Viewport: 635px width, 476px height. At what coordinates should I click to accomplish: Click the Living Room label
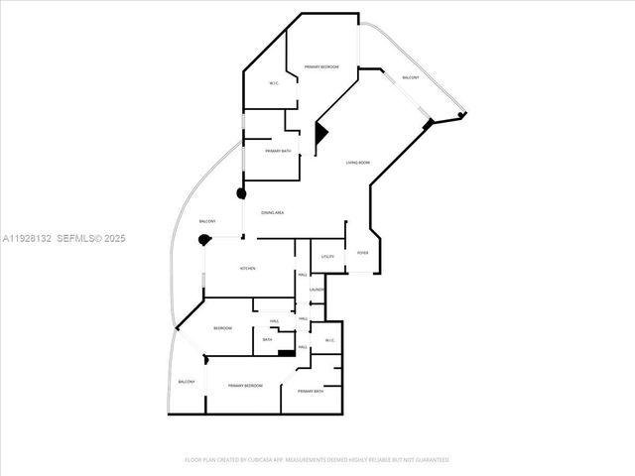pyautogui.click(x=358, y=163)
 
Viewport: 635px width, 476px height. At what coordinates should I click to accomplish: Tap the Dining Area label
pyautogui.click(x=273, y=213)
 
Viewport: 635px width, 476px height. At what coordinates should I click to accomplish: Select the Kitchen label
pyautogui.click(x=248, y=269)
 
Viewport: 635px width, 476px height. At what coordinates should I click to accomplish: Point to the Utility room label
pyautogui.click(x=327, y=257)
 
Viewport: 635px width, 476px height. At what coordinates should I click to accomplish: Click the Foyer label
pyautogui.click(x=362, y=253)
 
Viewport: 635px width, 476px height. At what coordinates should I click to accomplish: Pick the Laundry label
pyautogui.click(x=317, y=290)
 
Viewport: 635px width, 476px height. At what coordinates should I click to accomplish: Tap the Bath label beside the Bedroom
pyautogui.click(x=267, y=340)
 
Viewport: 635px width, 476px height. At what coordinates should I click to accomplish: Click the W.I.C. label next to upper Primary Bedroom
pyautogui.click(x=273, y=83)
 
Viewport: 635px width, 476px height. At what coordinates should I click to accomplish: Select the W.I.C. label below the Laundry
pyautogui.click(x=330, y=341)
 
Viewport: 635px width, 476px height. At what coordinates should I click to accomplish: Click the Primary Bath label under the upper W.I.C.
pyautogui.click(x=278, y=151)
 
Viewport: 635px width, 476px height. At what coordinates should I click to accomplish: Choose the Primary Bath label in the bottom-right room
pyautogui.click(x=311, y=392)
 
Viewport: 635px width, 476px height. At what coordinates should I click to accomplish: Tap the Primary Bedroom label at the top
pyautogui.click(x=321, y=66)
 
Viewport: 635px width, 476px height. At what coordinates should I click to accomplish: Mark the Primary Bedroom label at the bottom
pyautogui.click(x=245, y=386)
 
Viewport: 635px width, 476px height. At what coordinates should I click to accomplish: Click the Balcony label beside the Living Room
pyautogui.click(x=410, y=78)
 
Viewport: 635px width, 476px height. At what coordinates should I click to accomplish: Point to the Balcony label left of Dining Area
pyautogui.click(x=207, y=220)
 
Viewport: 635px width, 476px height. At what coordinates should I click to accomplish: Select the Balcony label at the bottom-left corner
pyautogui.click(x=187, y=382)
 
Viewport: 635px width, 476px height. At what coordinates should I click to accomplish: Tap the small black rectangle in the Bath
pyautogui.click(x=286, y=352)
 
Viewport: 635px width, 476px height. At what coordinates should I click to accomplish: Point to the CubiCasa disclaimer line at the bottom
pyautogui.click(x=317, y=460)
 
